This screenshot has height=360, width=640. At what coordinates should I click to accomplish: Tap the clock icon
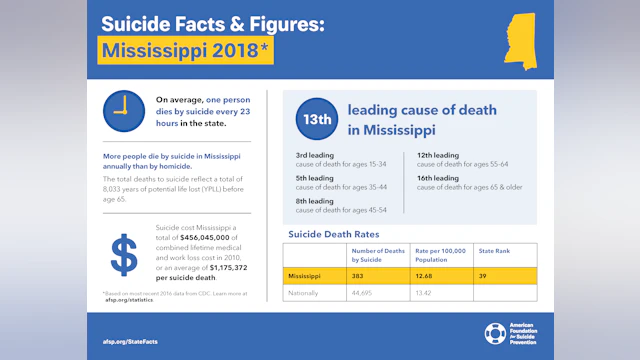point(123,110)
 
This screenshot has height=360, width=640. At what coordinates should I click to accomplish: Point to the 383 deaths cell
point(366,275)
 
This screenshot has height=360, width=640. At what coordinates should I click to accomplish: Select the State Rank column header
point(494,251)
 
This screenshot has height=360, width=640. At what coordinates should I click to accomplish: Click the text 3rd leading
point(314,155)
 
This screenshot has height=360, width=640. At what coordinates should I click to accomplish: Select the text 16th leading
point(438,177)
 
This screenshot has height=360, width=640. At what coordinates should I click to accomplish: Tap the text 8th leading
point(314,200)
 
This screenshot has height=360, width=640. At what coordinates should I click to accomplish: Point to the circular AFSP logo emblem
point(495,333)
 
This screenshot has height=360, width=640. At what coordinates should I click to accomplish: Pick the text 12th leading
point(438,155)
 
